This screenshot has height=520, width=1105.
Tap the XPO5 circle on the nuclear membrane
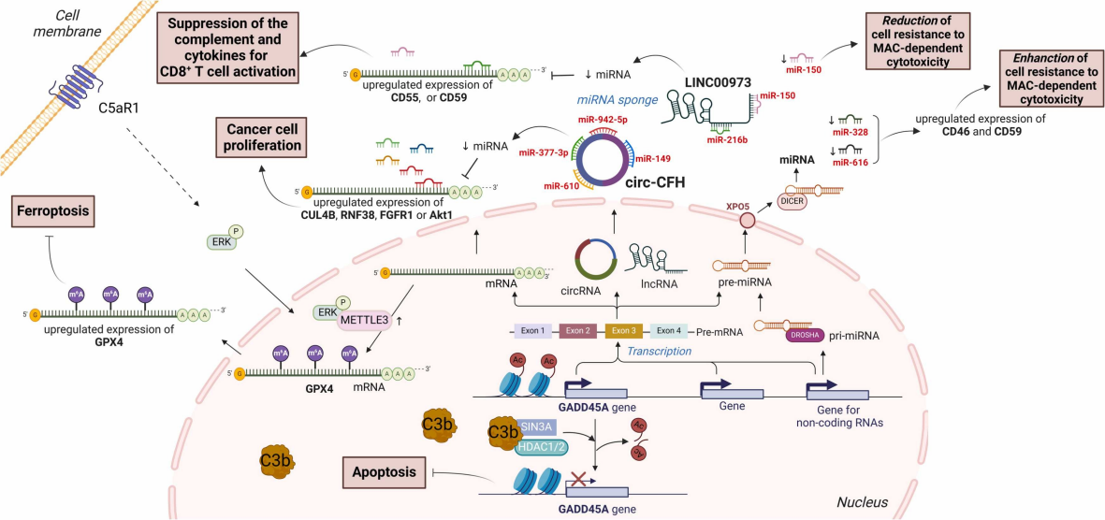click(x=747, y=221)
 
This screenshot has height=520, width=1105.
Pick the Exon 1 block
click(x=532, y=330)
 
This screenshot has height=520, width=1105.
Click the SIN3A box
click(x=537, y=426)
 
